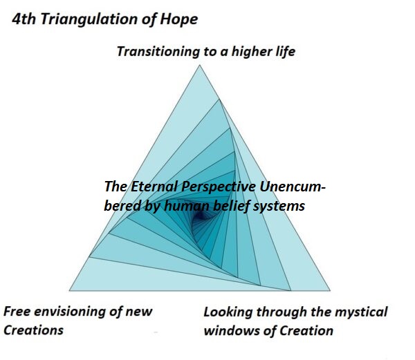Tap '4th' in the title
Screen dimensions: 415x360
pyautogui.click(x=24, y=19)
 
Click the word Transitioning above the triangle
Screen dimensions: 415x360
pyautogui.click(x=158, y=52)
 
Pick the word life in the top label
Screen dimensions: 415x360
pyautogui.click(x=285, y=51)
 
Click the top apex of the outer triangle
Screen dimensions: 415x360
pyautogui.click(x=200, y=65)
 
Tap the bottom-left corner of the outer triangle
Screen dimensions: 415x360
pyautogui.click(x=69, y=291)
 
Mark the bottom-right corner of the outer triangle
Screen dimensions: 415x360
pyautogui.click(x=330, y=291)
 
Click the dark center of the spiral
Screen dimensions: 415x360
pyautogui.click(x=201, y=217)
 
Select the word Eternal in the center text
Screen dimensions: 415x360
pyautogui.click(x=154, y=187)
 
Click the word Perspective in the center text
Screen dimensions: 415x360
pyautogui.click(x=219, y=187)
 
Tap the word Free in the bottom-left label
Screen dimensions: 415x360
pyautogui.click(x=17, y=312)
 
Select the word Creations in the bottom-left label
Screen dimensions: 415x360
pyautogui.click(x=33, y=330)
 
